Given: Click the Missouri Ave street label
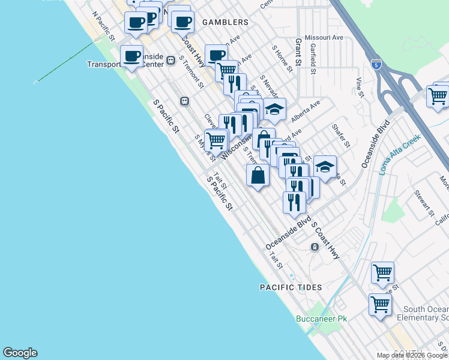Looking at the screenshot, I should point(324,37).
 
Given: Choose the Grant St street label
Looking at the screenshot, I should point(298,52).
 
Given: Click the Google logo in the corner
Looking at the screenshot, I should point(20,353).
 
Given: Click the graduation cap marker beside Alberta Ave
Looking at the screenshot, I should point(274,109).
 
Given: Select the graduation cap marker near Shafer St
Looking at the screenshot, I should point(325,167).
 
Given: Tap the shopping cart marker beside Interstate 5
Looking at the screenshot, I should point(438,95).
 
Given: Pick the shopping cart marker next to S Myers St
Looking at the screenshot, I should point(215,140).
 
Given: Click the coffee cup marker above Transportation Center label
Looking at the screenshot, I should point(131,56).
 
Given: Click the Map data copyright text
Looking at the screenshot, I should point(412,355).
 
